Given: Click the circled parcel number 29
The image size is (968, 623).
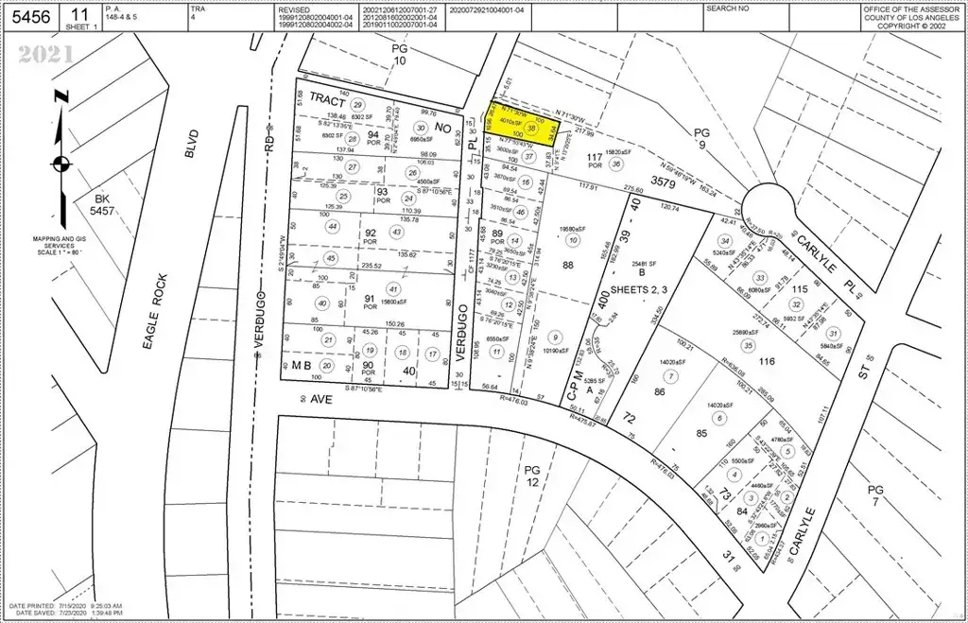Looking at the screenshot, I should click(357, 104).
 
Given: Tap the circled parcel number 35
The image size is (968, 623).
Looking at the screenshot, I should click(749, 346).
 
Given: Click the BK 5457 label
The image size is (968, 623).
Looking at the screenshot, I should click(104, 205).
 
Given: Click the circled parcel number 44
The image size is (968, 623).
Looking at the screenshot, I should click(332, 227).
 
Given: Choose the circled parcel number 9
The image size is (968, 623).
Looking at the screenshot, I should click(555, 337).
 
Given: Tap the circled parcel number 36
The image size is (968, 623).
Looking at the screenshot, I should click(617, 162).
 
